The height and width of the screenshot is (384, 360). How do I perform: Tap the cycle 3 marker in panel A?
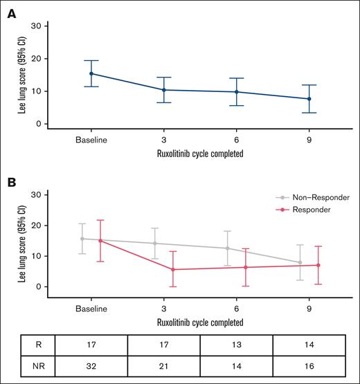[x=163, y=90]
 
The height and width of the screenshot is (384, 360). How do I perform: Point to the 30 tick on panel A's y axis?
[x=44, y=26]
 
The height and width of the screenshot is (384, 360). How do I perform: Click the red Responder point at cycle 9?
[x=318, y=265]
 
